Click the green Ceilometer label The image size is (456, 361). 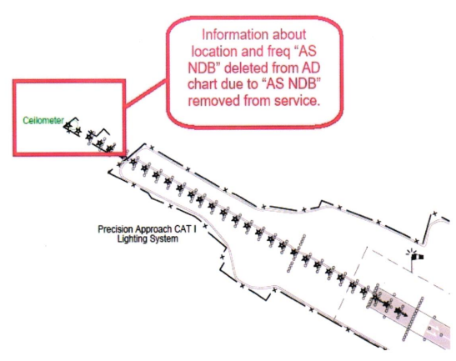click(x=43, y=120)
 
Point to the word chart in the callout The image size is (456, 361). click(x=202, y=84)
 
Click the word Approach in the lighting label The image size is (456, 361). click(x=153, y=229)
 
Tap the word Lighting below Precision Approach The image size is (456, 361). click(x=132, y=239)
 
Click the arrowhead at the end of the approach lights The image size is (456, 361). click(x=405, y=314)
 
